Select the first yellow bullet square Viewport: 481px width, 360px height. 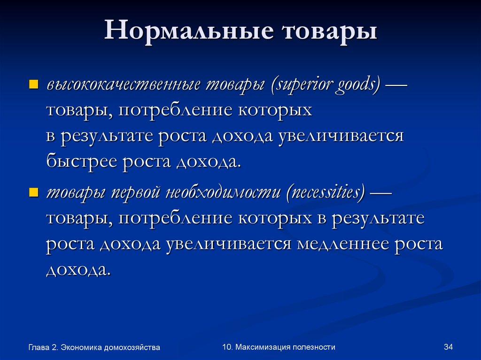coord(33,84)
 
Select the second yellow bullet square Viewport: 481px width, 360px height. coord(33,192)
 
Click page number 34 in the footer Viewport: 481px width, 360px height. coord(447,347)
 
